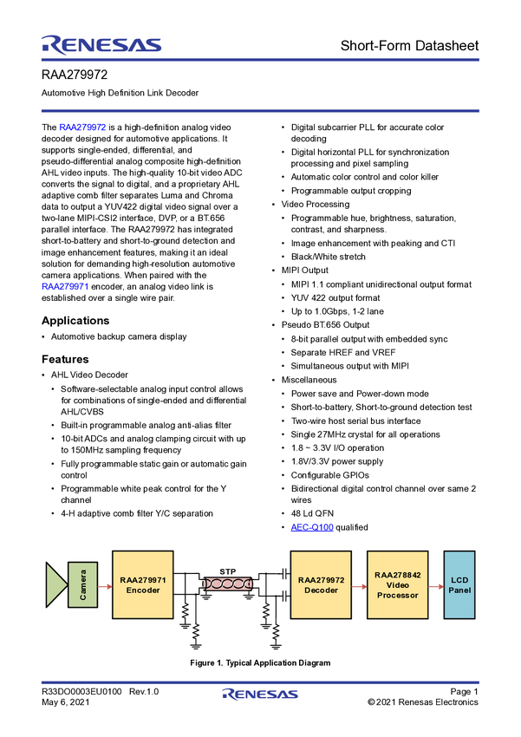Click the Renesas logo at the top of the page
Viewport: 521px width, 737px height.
point(101,44)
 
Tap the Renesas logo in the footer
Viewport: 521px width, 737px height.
point(260,695)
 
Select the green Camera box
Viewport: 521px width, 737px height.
point(82,584)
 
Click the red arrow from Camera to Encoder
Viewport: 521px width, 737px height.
point(105,585)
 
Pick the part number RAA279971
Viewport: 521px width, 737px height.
point(143,579)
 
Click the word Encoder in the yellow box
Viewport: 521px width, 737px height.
point(143,590)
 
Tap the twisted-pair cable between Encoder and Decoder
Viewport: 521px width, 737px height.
point(227,584)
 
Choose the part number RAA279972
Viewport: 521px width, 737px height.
point(321,579)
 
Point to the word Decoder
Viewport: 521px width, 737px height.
point(321,590)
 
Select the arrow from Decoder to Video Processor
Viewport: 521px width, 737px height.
point(359,586)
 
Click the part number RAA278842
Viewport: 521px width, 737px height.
point(397,574)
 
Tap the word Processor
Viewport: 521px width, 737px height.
point(397,595)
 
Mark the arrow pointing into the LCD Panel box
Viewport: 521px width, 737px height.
point(436,586)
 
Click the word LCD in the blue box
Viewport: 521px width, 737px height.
point(459,579)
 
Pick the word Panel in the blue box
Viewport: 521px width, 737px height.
point(459,590)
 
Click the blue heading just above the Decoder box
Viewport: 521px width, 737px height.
point(312,527)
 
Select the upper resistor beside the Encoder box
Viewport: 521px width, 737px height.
point(185,610)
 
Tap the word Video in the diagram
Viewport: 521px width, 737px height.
point(397,584)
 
